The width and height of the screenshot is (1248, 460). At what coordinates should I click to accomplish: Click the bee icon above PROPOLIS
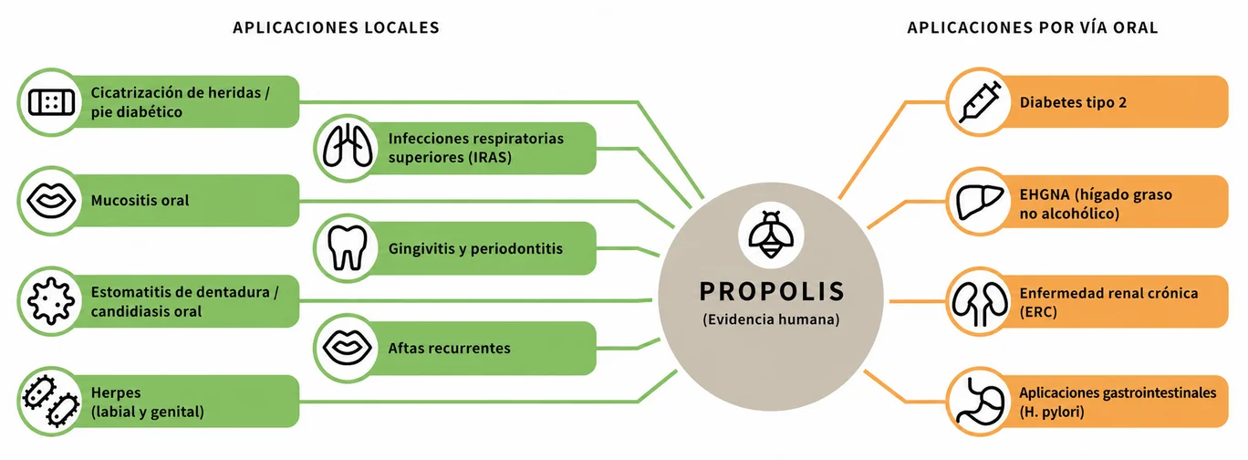pos(771,235)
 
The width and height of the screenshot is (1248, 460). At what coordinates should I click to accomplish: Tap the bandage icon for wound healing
pos(51,102)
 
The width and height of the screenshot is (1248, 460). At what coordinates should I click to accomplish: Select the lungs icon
pos(348,148)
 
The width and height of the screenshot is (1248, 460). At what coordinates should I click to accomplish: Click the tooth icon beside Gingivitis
pos(348,248)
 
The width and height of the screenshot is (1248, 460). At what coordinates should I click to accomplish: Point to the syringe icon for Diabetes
pos(980,101)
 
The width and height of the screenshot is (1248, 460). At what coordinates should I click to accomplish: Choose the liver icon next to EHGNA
pos(980,202)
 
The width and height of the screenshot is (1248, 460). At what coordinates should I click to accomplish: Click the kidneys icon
pos(980,303)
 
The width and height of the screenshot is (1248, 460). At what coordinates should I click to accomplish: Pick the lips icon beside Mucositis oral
pos(51,201)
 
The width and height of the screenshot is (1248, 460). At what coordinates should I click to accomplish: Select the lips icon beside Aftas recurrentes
pos(348,348)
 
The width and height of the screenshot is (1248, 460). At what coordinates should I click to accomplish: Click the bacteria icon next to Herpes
pos(50,402)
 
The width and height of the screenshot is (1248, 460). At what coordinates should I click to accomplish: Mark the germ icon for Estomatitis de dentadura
pos(51,301)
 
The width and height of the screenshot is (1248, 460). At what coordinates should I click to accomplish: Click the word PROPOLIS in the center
pos(772,292)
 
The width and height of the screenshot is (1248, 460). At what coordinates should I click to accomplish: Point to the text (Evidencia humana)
pos(771,319)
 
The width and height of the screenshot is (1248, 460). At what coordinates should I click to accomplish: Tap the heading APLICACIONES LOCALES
pos(336,28)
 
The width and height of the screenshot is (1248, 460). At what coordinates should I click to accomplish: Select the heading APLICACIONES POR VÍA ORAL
pos(1033,27)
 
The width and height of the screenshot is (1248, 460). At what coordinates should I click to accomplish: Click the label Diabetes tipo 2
pos(1073,102)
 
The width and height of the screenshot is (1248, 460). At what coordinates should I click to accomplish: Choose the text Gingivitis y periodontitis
pos(475,248)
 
